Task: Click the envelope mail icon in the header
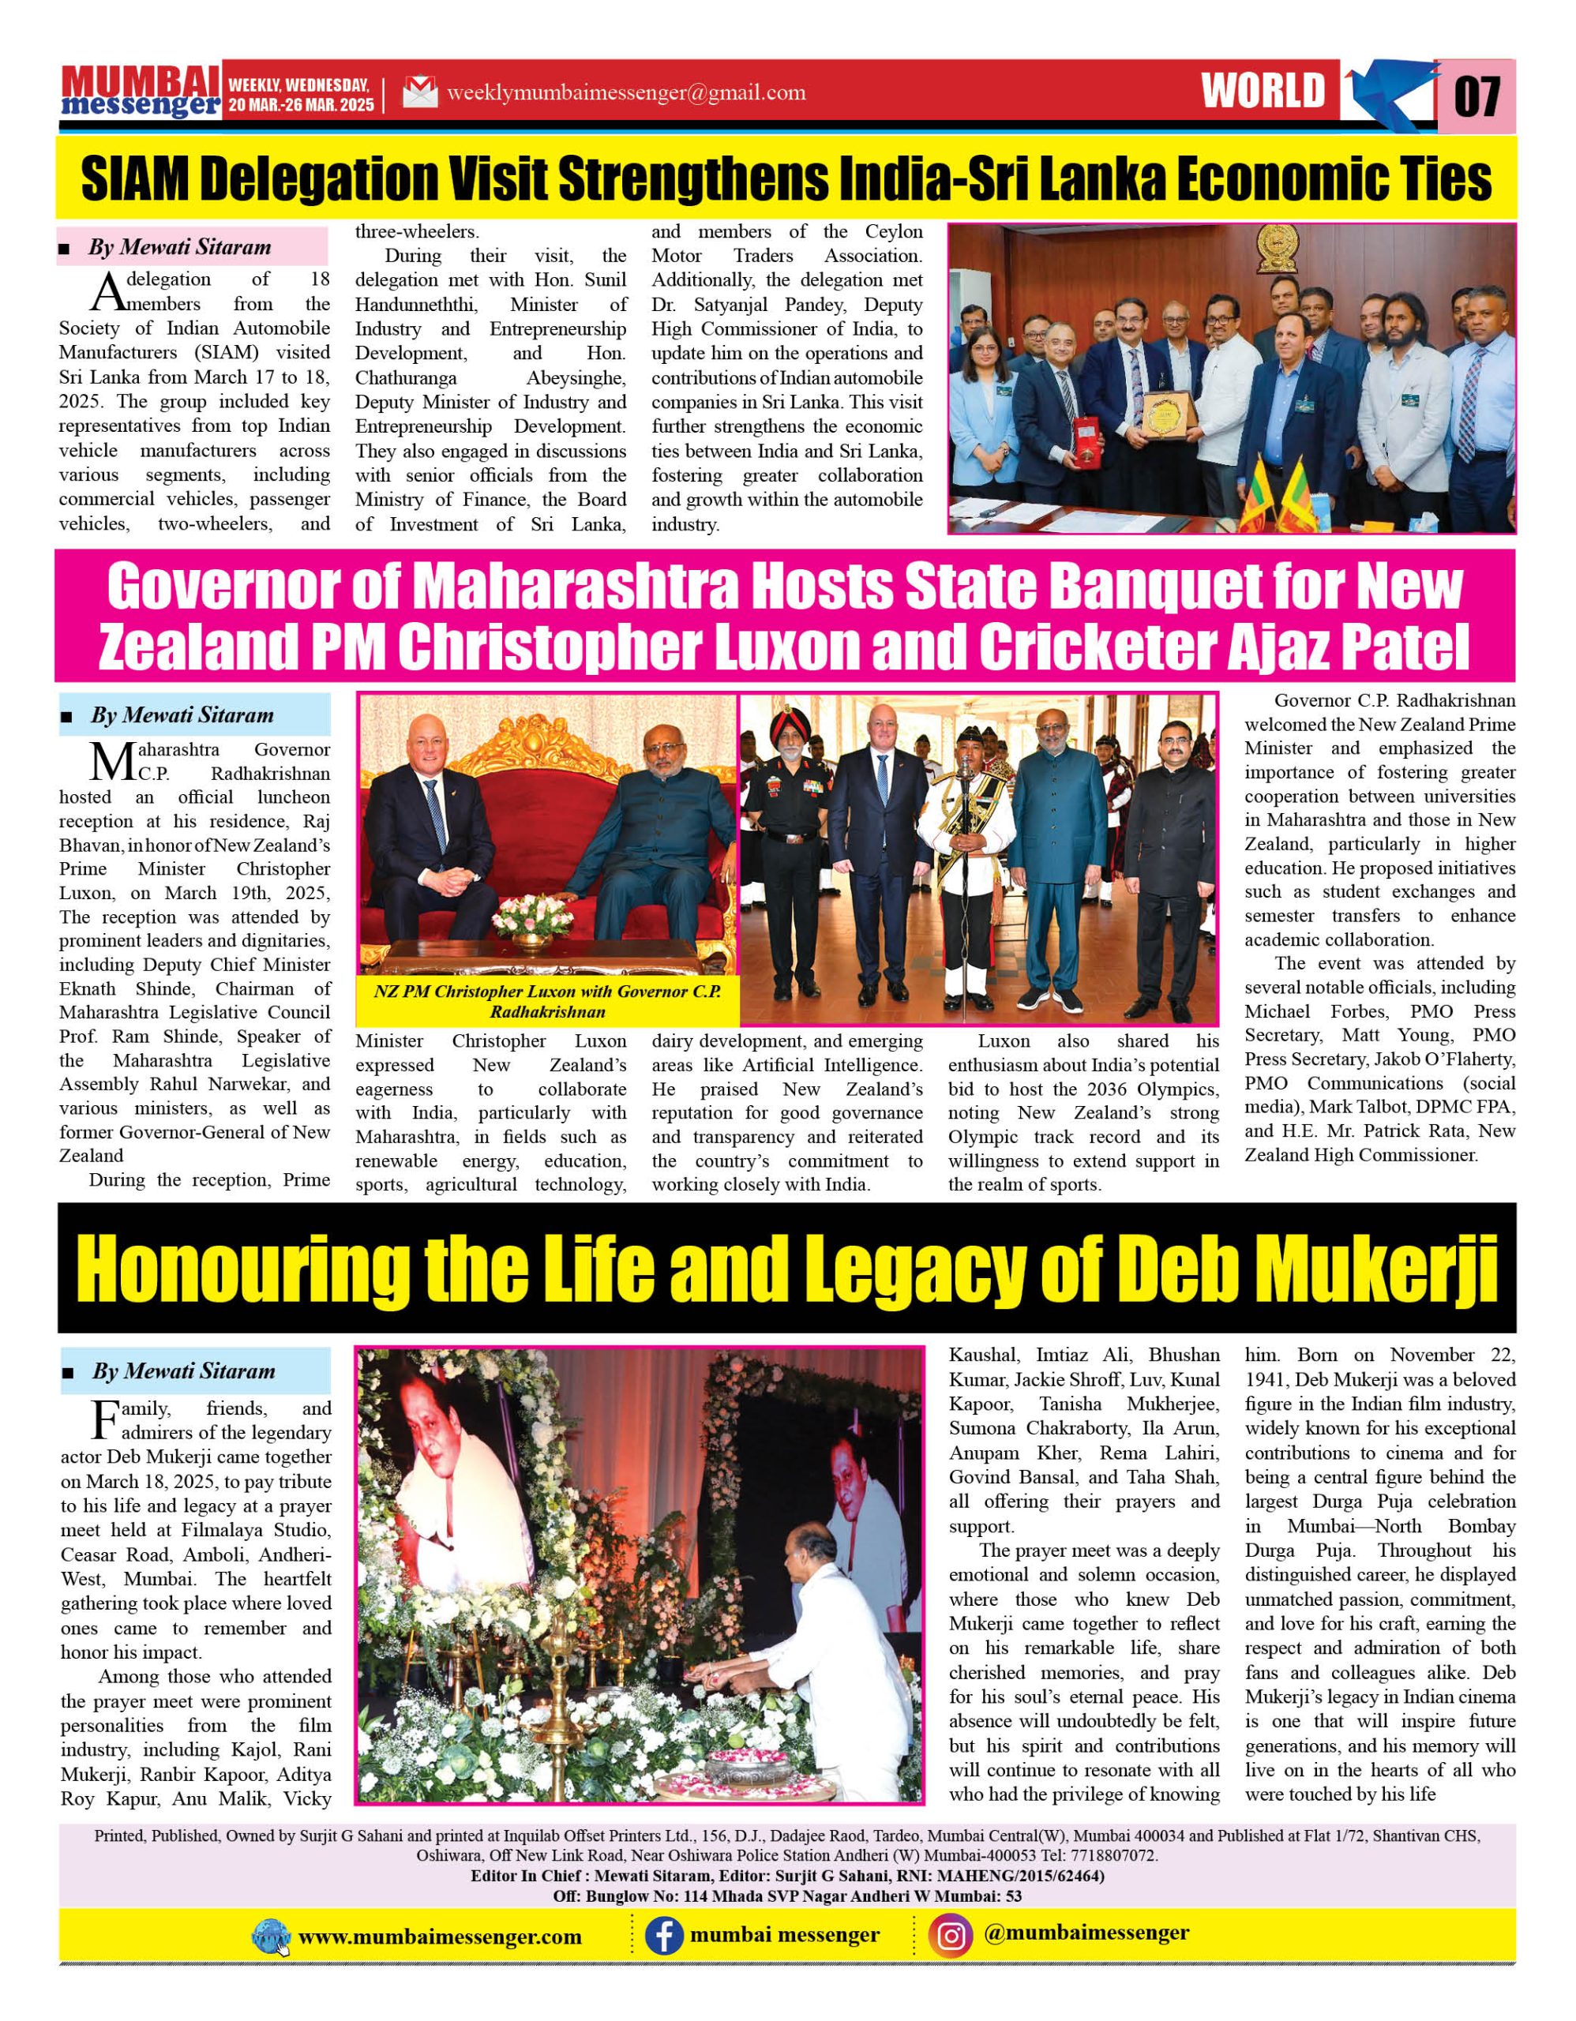419,93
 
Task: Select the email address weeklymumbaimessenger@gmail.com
625,93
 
